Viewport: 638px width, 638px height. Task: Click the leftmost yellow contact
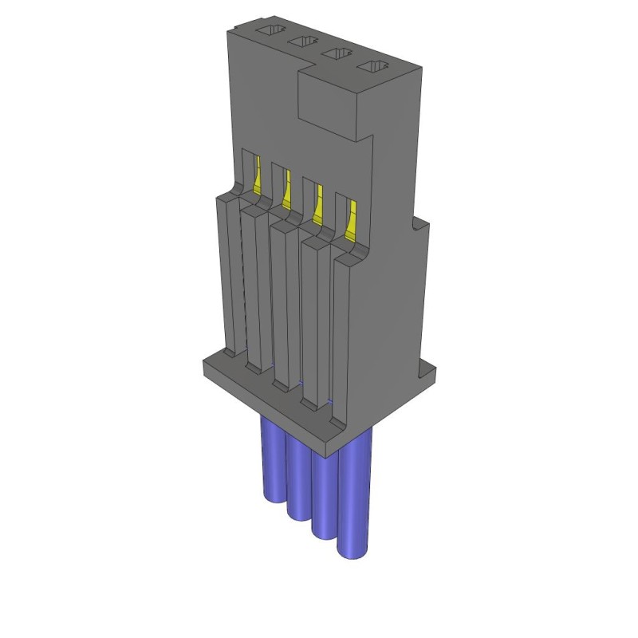coord(258,174)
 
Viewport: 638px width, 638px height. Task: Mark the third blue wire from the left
coord(325,494)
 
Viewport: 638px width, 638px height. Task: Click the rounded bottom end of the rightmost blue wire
coord(354,550)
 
